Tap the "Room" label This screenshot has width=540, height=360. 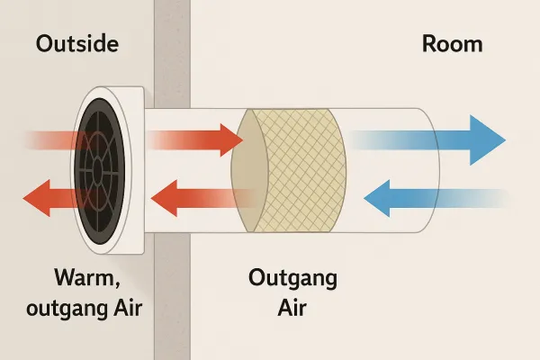452,44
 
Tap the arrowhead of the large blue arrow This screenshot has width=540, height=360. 487,139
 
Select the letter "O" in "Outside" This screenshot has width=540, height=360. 44,44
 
